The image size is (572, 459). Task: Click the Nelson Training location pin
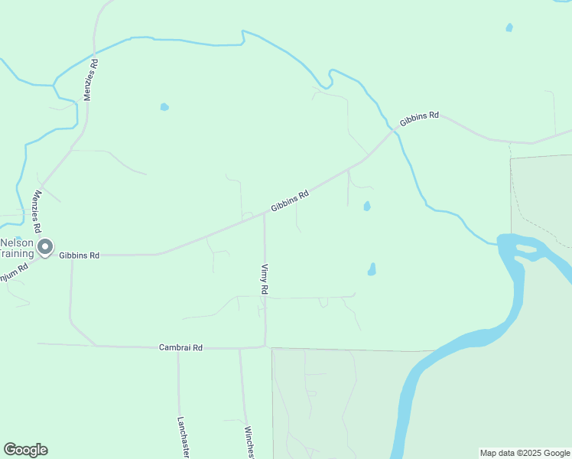45,246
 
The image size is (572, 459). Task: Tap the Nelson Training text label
17,248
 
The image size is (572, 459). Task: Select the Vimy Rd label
265,279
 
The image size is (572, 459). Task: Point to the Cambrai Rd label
180,347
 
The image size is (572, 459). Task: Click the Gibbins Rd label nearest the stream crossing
419,119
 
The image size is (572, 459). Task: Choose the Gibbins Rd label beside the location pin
80,255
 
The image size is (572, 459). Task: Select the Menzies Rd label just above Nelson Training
37,212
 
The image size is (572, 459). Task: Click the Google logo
25,450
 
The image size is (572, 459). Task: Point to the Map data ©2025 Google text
524,453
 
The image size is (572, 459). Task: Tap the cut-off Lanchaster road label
183,438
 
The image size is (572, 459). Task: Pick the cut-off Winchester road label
249,441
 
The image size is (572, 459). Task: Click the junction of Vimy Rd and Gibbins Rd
264,214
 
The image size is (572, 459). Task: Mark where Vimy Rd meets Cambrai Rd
265,347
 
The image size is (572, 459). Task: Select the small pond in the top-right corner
509,28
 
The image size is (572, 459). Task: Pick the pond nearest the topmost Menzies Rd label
164,107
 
